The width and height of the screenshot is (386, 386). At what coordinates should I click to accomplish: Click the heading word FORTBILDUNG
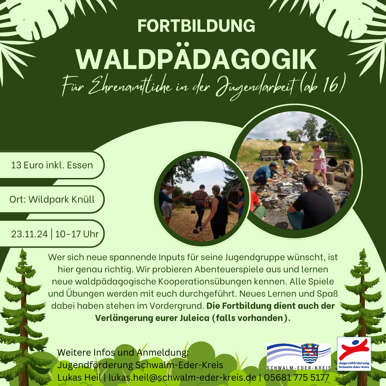pos(196,26)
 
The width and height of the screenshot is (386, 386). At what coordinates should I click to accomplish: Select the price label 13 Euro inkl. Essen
pos(52,165)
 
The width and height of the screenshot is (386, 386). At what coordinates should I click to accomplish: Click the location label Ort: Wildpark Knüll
pos(52,199)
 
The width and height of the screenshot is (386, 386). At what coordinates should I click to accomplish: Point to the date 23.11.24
pos(29,234)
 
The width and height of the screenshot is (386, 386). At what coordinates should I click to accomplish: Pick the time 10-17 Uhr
pos(77,234)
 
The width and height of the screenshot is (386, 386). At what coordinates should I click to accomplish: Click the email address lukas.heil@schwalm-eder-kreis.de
pos(182,377)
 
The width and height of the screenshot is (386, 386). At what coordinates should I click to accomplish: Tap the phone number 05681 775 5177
pos(297,377)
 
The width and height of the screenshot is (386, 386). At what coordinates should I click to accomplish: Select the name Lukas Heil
pos(79,377)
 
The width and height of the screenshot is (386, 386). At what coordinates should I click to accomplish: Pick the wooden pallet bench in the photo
pos(280,155)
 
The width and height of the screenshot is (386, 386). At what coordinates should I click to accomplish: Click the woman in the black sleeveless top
pos(217,212)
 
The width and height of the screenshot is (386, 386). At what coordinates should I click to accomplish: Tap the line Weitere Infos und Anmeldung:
pos(123,352)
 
